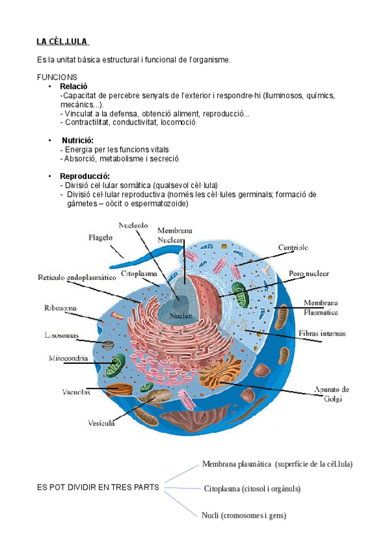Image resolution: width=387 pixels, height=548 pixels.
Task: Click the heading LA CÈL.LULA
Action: [x=63, y=43]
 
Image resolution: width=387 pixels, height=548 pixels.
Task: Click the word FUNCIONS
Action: [x=58, y=77]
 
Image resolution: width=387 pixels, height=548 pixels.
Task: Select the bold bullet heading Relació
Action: [x=73, y=86]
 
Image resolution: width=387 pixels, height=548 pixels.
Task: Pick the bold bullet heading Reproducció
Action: [x=85, y=176]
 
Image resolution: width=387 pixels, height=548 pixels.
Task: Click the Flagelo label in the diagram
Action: [x=101, y=238]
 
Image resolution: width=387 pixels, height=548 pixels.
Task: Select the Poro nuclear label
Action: [x=308, y=274]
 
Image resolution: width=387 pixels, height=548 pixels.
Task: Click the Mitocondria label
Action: [x=68, y=358]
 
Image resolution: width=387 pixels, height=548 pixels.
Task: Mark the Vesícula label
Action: [x=101, y=423]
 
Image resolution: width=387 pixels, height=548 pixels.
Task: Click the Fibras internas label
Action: [x=322, y=334]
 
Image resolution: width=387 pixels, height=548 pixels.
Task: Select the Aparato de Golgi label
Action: [x=331, y=394]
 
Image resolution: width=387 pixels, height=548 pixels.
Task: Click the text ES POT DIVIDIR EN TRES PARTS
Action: [x=98, y=488]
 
